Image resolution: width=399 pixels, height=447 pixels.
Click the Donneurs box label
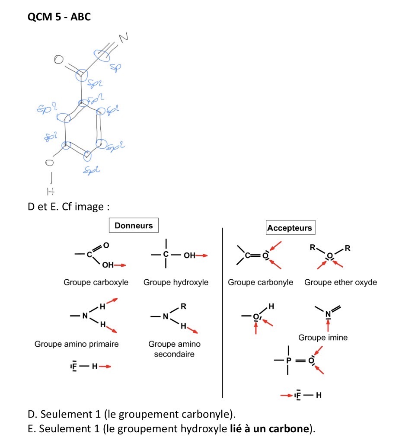click(134, 225)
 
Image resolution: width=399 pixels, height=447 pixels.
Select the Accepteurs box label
click(289, 228)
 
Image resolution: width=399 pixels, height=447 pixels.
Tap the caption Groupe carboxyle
click(96, 282)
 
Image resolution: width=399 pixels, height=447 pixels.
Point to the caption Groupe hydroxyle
click(176, 282)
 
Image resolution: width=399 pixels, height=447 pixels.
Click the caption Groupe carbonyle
click(260, 282)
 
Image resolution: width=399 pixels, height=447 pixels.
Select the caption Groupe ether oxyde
click(341, 282)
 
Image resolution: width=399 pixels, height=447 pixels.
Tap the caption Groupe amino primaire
click(77, 344)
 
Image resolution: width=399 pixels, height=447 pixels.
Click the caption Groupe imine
click(323, 338)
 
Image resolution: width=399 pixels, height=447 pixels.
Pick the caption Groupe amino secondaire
click(174, 349)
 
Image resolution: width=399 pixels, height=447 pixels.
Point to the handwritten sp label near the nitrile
click(115, 67)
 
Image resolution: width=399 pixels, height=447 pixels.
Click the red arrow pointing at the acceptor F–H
click(286, 395)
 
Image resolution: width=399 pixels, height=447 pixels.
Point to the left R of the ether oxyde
click(312, 248)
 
